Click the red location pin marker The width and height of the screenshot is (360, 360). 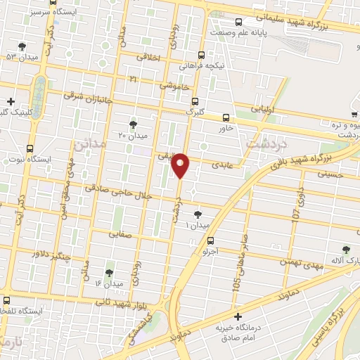point(181,164)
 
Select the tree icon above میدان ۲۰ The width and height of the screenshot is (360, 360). point(133,124)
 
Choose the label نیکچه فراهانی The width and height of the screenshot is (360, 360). point(202,65)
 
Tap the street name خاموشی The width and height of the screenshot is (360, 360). point(173,84)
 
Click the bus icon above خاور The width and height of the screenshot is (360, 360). point(226,117)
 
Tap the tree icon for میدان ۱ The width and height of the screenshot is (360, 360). point(198,214)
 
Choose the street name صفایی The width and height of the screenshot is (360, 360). point(120,238)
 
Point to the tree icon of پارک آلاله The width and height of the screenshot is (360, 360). point(345,249)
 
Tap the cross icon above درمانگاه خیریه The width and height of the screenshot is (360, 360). point(238,316)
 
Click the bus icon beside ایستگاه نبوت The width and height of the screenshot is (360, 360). point(30,148)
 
